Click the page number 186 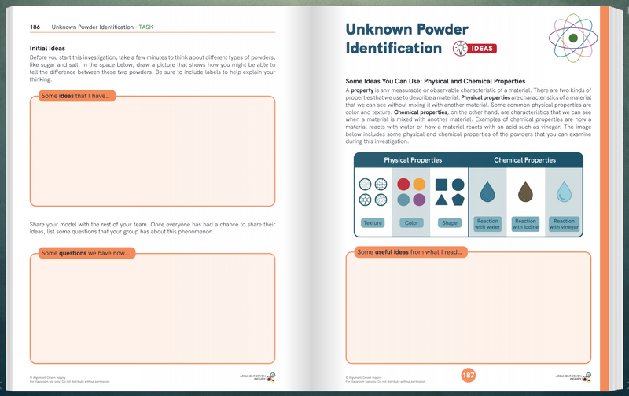tap(35, 27)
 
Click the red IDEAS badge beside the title tap(474, 49)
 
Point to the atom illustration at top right tap(573, 38)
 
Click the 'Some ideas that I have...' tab tap(75, 96)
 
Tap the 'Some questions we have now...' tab tap(86, 253)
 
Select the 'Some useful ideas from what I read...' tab tap(410, 252)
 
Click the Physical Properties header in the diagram tap(412, 160)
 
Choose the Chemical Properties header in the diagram tap(524, 160)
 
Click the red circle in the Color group tap(403, 185)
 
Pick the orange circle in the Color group tap(419, 185)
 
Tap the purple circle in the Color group tap(419, 200)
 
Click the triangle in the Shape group tap(442, 201)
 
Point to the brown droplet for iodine tap(524, 192)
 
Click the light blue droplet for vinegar tap(563, 192)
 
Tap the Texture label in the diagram tap(373, 223)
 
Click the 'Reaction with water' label tap(487, 224)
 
